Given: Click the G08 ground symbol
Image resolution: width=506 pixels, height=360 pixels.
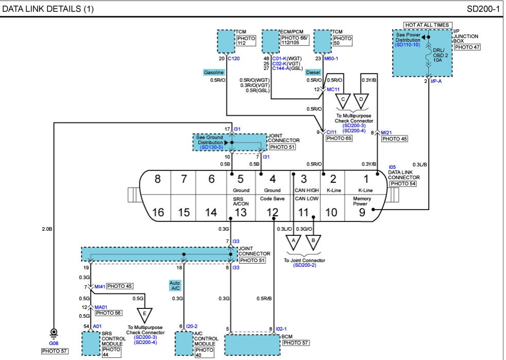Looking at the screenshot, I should (53, 333).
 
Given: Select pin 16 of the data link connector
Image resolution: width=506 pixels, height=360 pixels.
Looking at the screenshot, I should (158, 212).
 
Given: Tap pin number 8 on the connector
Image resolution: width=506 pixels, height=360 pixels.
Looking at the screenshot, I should (158, 179).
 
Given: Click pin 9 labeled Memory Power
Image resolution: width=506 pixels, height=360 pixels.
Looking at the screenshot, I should (362, 211).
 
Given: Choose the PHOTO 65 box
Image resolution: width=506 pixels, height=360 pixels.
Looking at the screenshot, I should (339, 139).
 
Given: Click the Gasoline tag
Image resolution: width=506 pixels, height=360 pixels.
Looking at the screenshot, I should (214, 73).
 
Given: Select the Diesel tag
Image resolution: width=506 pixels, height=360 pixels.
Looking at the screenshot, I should (313, 73).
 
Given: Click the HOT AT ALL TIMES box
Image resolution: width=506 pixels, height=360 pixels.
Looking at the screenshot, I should (428, 25).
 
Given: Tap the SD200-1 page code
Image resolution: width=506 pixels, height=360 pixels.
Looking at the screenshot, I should (483, 9).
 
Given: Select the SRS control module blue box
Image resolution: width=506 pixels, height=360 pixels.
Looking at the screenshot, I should (91, 343).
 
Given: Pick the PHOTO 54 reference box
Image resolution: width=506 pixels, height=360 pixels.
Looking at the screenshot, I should (403, 183).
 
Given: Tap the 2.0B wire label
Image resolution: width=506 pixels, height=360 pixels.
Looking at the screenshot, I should (47, 229).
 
